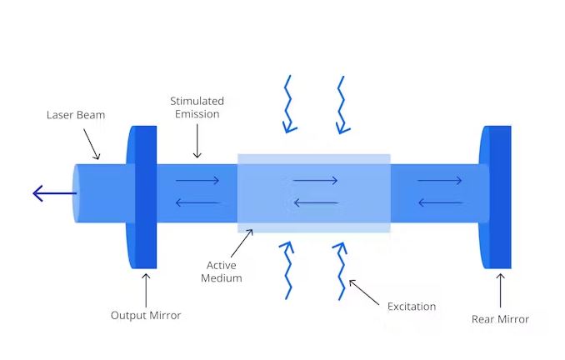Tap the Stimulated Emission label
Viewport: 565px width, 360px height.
tap(197, 107)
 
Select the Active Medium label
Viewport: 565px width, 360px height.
tap(222, 272)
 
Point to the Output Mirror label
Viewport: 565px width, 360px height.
tap(146, 316)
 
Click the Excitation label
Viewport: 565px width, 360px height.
tap(412, 307)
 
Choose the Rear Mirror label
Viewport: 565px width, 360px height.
tap(500, 319)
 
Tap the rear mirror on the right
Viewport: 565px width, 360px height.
tap(498, 197)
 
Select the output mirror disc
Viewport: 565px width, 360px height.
tap(143, 197)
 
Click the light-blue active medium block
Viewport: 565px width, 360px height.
tap(313, 192)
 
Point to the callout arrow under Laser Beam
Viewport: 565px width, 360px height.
tap(91, 148)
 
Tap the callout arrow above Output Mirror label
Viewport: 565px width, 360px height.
tap(146, 288)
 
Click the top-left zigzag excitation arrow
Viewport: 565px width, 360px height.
tap(288, 104)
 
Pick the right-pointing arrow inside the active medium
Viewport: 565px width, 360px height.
tap(315, 180)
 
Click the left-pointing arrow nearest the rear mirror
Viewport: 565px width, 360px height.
tap(439, 202)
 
